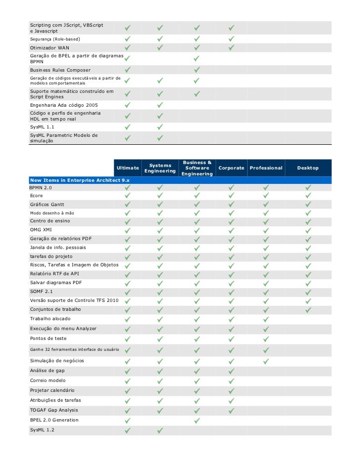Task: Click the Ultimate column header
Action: tap(128, 168)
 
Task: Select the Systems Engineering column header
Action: tap(160, 168)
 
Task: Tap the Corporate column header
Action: tap(231, 168)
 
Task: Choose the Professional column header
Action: tap(266, 168)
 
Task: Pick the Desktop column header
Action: tap(308, 168)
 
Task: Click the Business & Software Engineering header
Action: tap(197, 168)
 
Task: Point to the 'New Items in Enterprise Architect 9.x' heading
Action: tap(80, 180)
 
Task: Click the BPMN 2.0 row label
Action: tap(41, 188)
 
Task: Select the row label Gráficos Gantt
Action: tap(47, 204)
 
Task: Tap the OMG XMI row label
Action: tap(41, 229)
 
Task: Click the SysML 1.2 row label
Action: tap(43, 430)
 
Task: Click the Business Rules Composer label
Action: tap(60, 70)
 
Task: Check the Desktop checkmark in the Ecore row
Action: tap(308, 196)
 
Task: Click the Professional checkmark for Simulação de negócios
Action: tap(266, 361)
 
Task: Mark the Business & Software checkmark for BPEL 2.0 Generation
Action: tap(197, 421)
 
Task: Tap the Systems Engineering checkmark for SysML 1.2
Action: tap(160, 430)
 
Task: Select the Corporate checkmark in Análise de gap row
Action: tap(231, 371)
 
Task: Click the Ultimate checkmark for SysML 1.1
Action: tap(128, 127)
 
